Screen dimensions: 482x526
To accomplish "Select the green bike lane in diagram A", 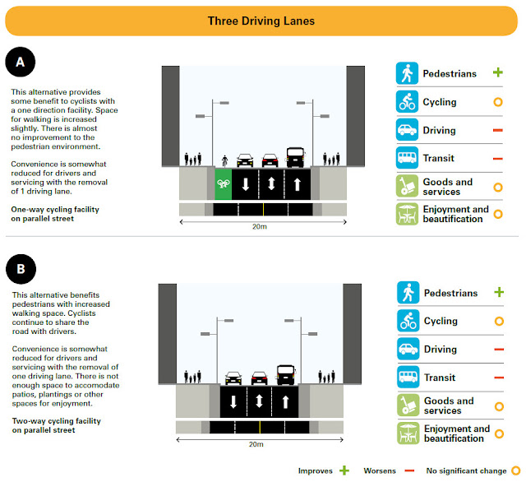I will [220, 183].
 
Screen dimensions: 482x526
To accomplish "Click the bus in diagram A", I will [295, 157].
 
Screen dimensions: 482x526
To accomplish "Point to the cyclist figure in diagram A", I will [224, 158].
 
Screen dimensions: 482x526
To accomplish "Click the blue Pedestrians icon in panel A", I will [406, 74].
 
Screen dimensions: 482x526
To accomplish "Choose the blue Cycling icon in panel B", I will [407, 321].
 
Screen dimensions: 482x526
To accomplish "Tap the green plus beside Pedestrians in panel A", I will [497, 73].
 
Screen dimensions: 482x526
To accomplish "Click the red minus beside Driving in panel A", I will [497, 130].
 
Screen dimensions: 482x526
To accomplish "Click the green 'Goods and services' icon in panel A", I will [406, 187].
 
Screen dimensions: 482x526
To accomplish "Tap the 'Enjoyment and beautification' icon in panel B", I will [407, 433].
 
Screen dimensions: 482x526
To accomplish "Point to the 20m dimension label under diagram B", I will [258, 444].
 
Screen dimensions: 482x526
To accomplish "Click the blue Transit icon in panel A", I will [406, 159].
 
